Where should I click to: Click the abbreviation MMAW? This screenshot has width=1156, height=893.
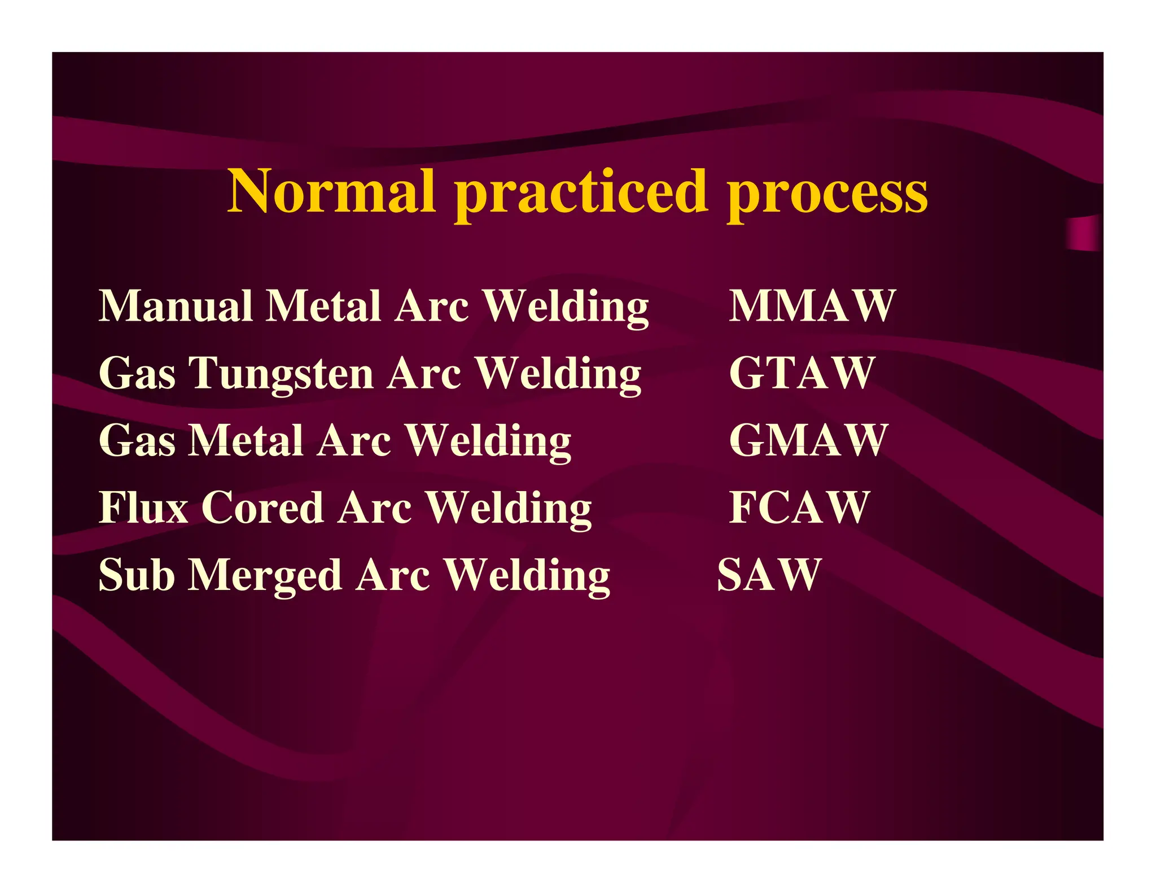[812, 306]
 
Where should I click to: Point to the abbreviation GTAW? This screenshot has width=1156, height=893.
[802, 373]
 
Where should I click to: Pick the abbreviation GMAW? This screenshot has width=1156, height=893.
[808, 440]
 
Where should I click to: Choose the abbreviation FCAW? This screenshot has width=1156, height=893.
[799, 507]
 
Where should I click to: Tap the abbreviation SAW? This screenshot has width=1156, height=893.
[769, 575]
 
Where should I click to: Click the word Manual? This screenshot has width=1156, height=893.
[176, 306]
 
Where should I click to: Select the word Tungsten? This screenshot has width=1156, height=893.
[281, 374]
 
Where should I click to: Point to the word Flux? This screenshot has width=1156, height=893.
[143, 507]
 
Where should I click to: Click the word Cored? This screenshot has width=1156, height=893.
[262, 507]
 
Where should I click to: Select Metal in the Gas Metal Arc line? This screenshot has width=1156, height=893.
[246, 440]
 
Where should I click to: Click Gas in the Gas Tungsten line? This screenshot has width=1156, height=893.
[137, 373]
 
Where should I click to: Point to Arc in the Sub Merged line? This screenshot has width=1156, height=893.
[393, 575]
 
